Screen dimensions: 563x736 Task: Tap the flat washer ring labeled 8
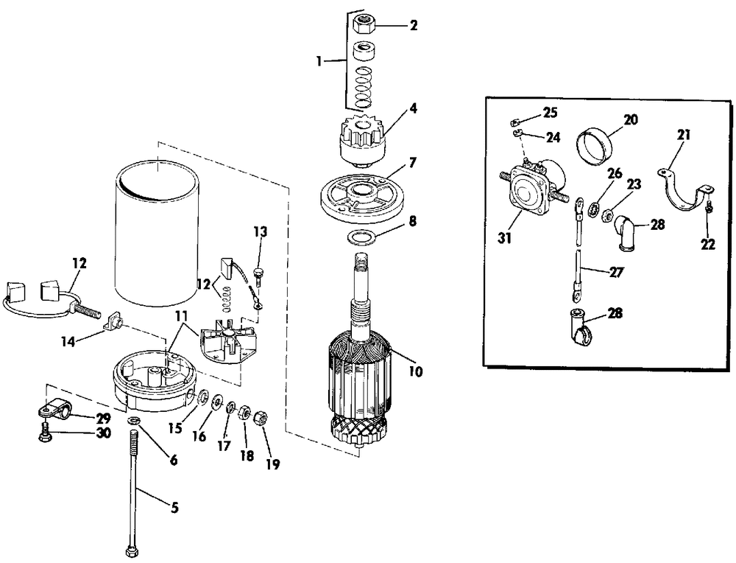(x=361, y=237)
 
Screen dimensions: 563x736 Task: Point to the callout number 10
(x=416, y=372)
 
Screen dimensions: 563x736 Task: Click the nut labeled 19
(x=259, y=419)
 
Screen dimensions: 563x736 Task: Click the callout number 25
(x=550, y=112)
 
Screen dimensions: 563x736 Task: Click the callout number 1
(x=319, y=62)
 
